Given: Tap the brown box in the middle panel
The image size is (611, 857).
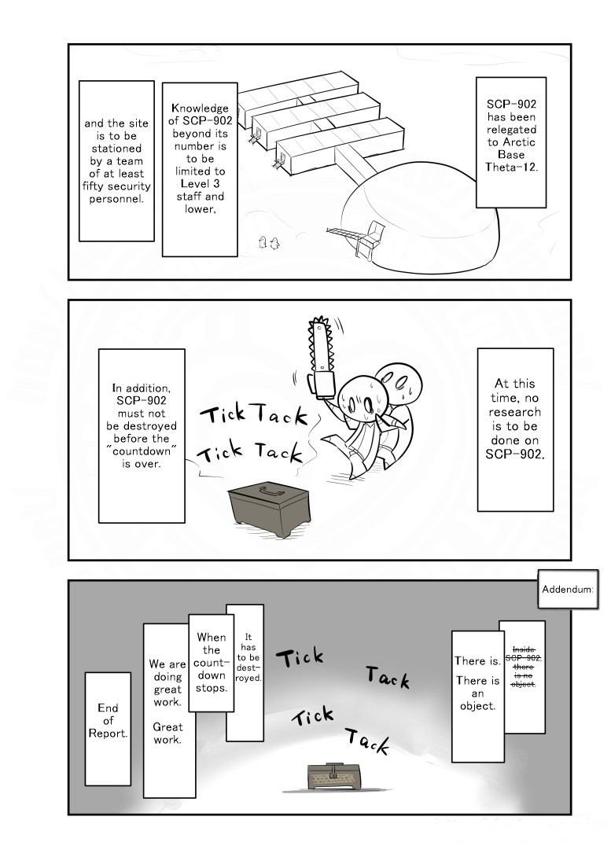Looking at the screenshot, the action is [270, 510].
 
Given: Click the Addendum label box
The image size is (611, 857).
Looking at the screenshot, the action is [567, 589].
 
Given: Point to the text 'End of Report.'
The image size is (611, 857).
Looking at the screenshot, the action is [108, 720].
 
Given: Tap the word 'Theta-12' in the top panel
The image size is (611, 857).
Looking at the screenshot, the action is [511, 167].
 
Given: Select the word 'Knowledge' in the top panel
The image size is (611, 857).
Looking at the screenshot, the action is [200, 109].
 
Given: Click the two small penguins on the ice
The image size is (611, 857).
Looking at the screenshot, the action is [268, 242].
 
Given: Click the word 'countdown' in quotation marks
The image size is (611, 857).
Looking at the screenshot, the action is [142, 451].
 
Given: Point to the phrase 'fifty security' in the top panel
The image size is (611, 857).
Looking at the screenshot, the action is [116, 186].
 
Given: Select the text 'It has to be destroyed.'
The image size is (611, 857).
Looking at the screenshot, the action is [248, 657].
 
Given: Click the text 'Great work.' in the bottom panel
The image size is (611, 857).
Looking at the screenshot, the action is [167, 733].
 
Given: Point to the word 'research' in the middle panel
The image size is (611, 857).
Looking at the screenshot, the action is [515, 412].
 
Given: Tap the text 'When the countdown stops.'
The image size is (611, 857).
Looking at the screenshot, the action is [211, 663].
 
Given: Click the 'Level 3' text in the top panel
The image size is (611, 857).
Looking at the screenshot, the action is [200, 184].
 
